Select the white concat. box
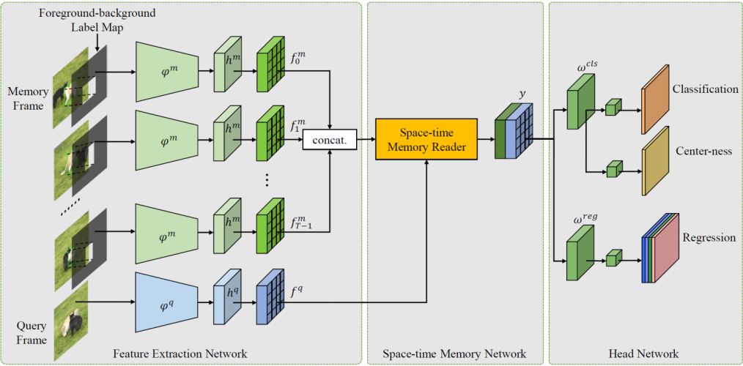(x=328, y=138)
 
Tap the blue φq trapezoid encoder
(x=166, y=302)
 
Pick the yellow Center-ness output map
(x=656, y=161)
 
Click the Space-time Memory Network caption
(x=455, y=354)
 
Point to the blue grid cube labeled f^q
(x=269, y=302)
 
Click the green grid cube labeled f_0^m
(x=269, y=72)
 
